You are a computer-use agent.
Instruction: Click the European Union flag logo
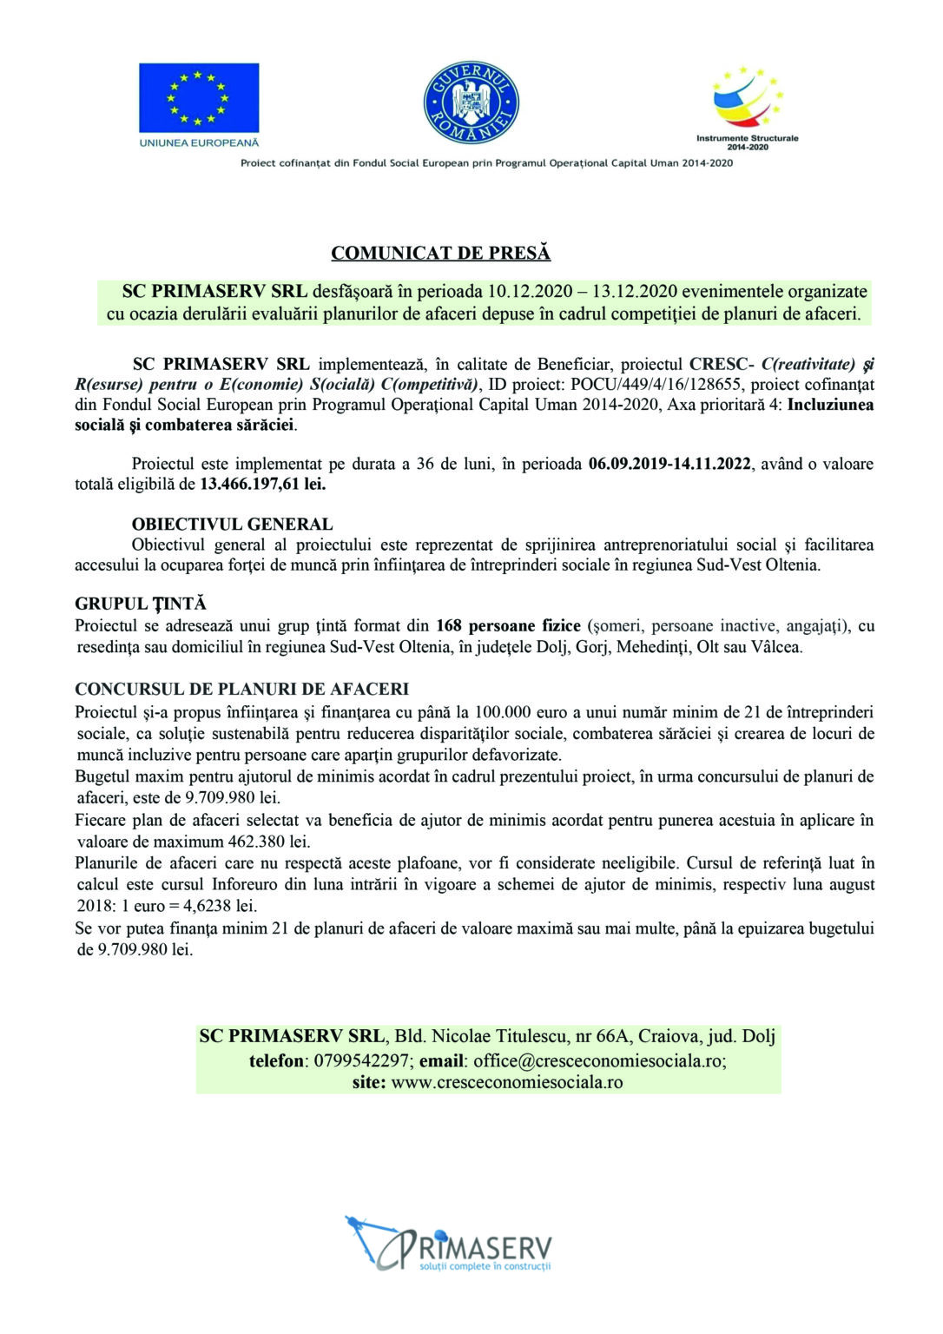198,96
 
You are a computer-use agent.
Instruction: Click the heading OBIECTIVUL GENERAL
232,525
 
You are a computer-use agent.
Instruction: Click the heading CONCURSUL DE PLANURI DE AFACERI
241,690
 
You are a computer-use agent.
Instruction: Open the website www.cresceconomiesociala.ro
507,1082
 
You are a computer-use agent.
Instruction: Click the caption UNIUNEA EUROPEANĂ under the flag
198,142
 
